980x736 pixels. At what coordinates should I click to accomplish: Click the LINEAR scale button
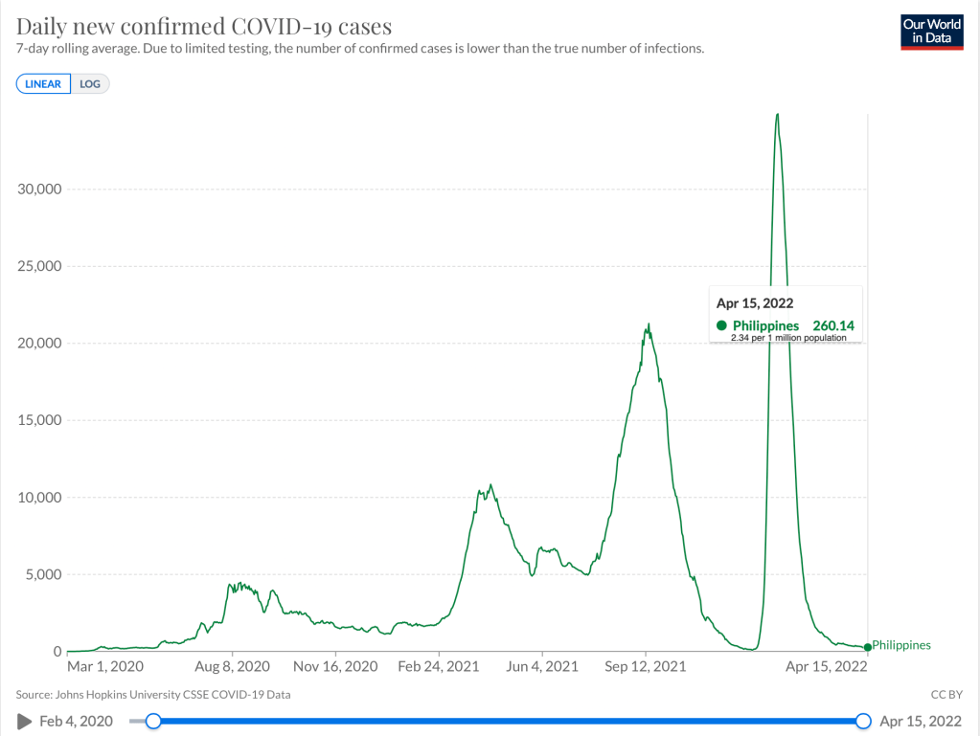pyautogui.click(x=43, y=84)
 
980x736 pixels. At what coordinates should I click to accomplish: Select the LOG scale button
pyautogui.click(x=90, y=84)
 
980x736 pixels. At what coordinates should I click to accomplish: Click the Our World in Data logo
pyautogui.click(x=931, y=32)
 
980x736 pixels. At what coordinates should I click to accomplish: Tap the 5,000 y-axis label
pyautogui.click(x=44, y=574)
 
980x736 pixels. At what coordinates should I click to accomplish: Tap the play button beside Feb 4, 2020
pyautogui.click(x=24, y=721)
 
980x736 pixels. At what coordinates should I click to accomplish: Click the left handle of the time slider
pyautogui.click(x=152, y=721)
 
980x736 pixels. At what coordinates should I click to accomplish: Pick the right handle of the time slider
pyautogui.click(x=863, y=721)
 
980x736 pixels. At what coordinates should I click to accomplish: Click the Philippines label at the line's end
pyautogui.click(x=900, y=646)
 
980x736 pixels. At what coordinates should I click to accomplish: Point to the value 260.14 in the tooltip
pyautogui.click(x=832, y=325)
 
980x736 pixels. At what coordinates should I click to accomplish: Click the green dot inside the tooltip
pyautogui.click(x=721, y=325)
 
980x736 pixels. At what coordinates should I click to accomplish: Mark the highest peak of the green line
pyautogui.click(x=777, y=115)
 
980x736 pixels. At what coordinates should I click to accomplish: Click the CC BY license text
pyautogui.click(x=945, y=695)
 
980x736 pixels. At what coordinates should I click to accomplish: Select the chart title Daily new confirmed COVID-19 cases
pyautogui.click(x=204, y=26)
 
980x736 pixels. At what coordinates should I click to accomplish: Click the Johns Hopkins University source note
pyautogui.click(x=153, y=695)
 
